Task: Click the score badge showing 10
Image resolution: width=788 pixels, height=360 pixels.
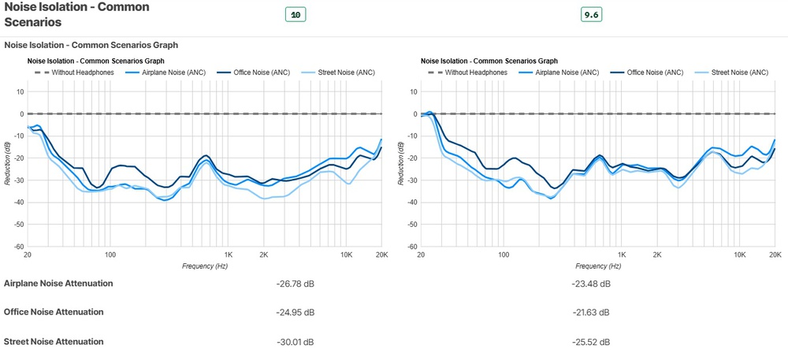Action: [x=296, y=15]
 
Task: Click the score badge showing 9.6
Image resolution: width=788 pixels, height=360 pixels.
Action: [x=591, y=15]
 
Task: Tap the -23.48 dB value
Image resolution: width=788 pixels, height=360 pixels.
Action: [x=590, y=284]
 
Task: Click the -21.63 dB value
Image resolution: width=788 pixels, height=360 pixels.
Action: [x=590, y=313]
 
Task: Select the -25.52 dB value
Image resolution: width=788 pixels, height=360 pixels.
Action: [x=590, y=342]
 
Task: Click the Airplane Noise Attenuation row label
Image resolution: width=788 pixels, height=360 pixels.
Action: [x=58, y=283]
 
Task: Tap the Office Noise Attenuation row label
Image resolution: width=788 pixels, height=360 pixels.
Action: [x=54, y=312]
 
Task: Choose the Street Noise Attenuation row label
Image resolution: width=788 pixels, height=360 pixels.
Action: [x=54, y=341]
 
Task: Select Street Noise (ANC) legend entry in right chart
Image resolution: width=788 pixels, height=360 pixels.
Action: [x=739, y=72]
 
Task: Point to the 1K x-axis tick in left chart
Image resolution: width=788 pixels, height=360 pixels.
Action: [x=229, y=255]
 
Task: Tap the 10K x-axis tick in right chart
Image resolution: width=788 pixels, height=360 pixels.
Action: [x=739, y=255]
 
